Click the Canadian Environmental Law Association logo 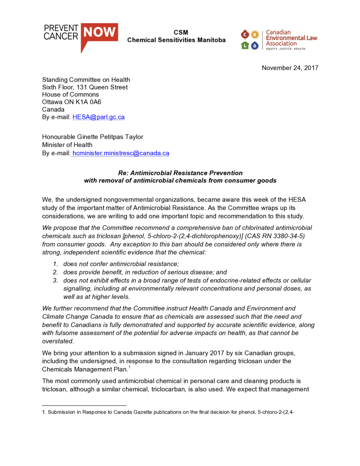[x=279, y=40]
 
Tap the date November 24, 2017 [x=290, y=68]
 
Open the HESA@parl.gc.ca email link [x=98, y=117]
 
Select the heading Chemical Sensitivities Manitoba [x=176, y=40]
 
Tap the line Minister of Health [x=67, y=145]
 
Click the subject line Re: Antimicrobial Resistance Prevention [x=180, y=173]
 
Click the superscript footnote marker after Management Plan [x=130, y=367]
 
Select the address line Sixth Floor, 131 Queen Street [x=85, y=87]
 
